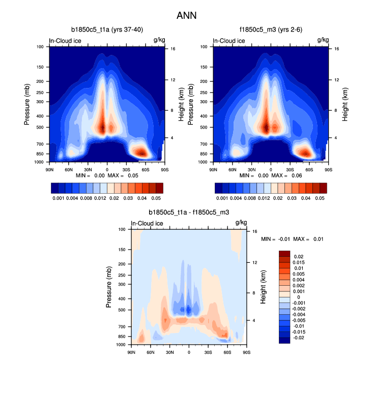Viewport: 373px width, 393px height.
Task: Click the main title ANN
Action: (x=186, y=16)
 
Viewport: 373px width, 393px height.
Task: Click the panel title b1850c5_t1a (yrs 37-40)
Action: (x=107, y=29)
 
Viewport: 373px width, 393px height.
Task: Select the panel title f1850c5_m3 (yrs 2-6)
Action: (x=271, y=29)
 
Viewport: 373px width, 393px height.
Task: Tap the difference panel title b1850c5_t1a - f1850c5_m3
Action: (x=189, y=212)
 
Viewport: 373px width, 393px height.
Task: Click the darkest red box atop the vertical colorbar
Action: (x=284, y=253)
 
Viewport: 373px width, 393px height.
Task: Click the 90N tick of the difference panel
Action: (x=131, y=352)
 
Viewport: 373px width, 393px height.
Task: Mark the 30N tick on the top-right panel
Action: (x=251, y=169)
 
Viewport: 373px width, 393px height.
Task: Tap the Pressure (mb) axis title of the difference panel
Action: (x=109, y=287)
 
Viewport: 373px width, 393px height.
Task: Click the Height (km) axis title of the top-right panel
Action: (x=345, y=104)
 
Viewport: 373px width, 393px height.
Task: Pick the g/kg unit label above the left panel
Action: (x=159, y=40)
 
